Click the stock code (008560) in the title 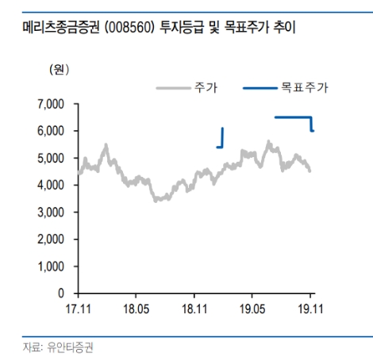[x=118, y=31]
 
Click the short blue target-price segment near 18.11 [x=222, y=138]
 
